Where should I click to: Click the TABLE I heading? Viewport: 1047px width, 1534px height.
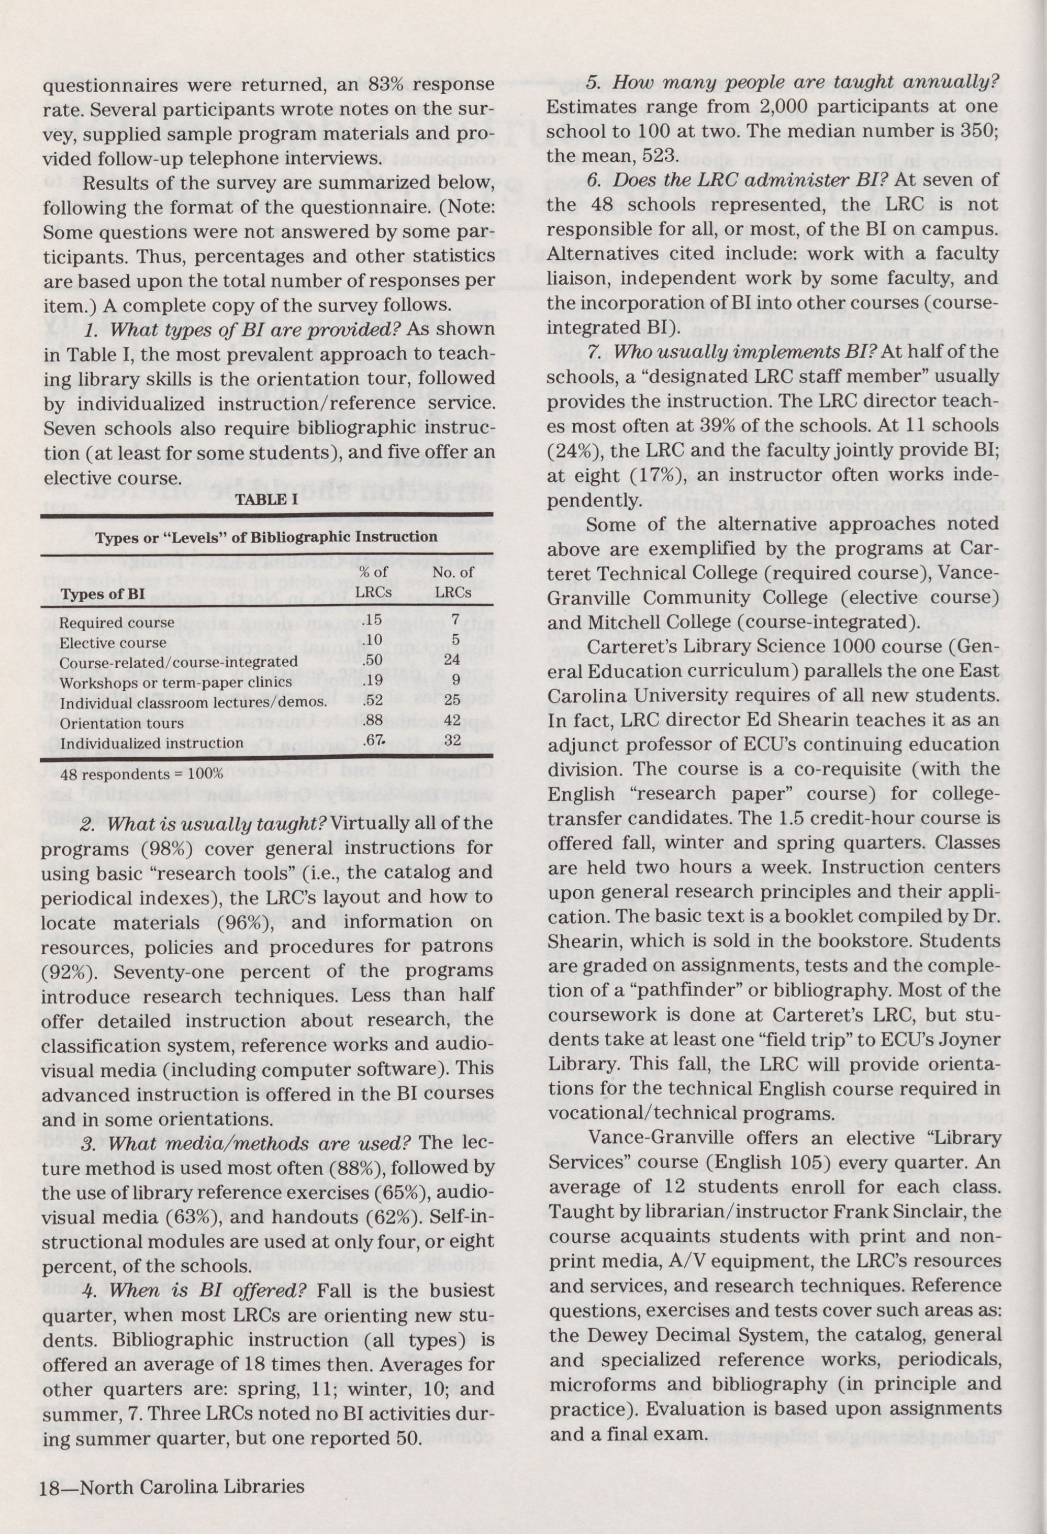point(266,500)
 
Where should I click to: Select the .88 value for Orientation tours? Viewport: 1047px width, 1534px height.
point(373,722)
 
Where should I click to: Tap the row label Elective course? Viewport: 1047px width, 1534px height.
point(113,642)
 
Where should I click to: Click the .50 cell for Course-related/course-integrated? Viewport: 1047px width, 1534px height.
point(373,661)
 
